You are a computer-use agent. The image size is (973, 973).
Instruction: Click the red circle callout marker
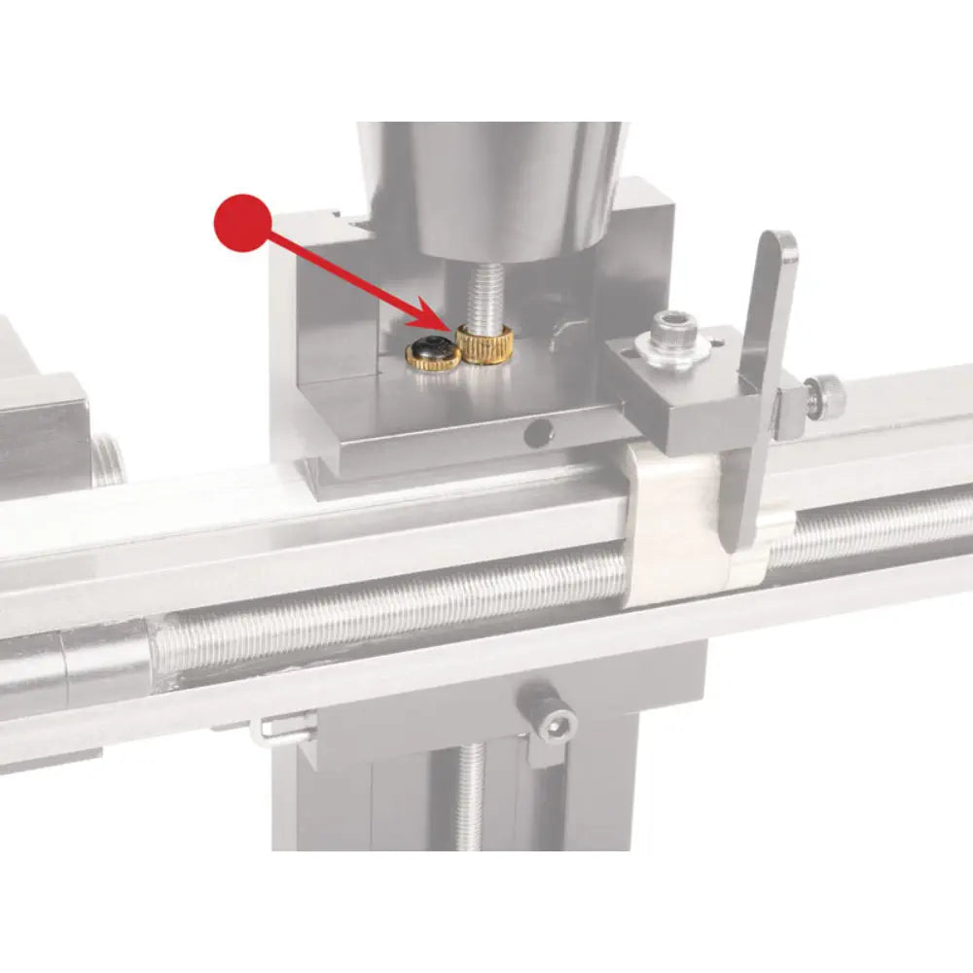pyautogui.click(x=241, y=223)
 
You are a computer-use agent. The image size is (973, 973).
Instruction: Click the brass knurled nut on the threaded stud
pyautogui.click(x=486, y=344)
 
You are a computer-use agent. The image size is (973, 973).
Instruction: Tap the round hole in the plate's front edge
pyautogui.click(x=535, y=435)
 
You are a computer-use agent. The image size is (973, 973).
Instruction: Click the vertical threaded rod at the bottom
pyautogui.click(x=470, y=798)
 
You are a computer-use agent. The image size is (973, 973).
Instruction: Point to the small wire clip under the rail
pyautogui.click(x=282, y=729)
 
